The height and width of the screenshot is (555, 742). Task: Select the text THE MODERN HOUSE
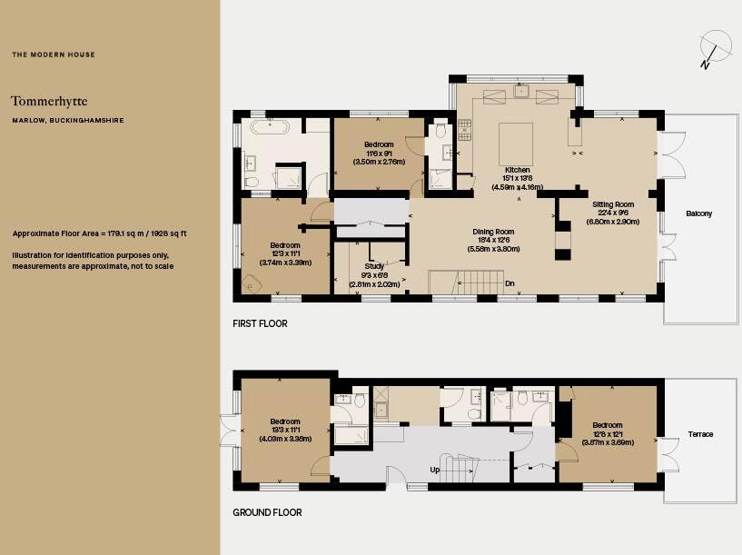[54, 55]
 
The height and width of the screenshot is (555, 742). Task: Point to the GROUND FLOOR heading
[267, 512]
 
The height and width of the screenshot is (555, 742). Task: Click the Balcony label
[698, 214]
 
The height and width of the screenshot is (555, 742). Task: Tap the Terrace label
[700, 434]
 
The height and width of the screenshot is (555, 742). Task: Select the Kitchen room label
[517, 170]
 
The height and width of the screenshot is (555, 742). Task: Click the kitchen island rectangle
[517, 143]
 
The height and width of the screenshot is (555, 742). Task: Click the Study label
[374, 266]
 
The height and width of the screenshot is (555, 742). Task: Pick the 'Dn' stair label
[510, 283]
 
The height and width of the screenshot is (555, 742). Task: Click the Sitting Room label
[613, 204]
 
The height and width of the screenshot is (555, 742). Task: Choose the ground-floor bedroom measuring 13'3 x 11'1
[285, 430]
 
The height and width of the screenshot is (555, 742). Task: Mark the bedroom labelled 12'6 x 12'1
[607, 433]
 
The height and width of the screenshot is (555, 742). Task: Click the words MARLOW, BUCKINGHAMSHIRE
[67, 120]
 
